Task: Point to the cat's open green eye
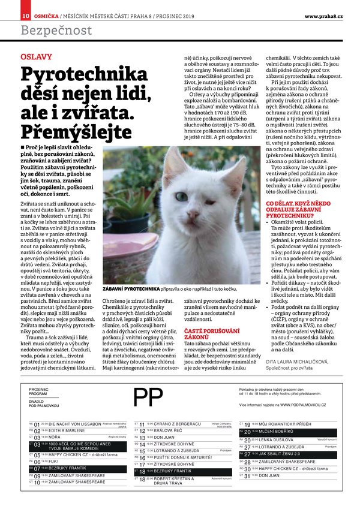click(181, 196)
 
